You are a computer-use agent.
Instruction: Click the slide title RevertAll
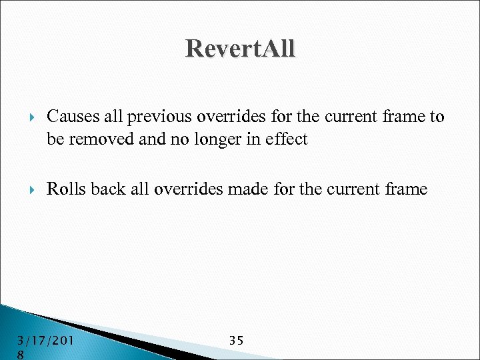240,49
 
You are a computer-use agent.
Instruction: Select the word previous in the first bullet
157,117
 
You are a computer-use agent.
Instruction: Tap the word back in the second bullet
106,189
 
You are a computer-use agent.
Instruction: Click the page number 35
236,340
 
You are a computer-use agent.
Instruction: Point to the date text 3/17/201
45,341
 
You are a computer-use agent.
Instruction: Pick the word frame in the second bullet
405,189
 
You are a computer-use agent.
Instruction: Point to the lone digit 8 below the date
22,355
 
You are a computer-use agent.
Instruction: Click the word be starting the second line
55,139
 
